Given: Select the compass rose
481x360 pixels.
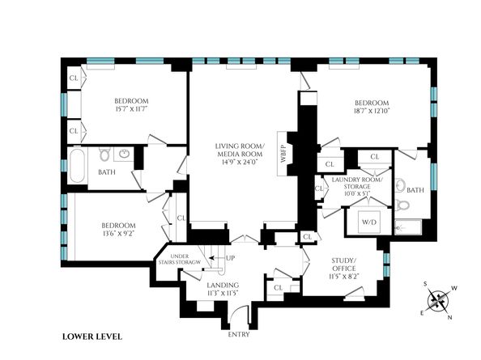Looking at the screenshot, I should coord(439,302).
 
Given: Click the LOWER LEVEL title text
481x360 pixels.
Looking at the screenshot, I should coord(92,336).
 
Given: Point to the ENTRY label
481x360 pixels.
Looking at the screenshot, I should coord(240,334).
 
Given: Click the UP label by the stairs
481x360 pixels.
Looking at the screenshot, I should coord(231,258).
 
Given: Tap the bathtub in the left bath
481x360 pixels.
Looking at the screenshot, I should coord(78,166).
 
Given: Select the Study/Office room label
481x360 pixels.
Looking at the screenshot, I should coord(343,265).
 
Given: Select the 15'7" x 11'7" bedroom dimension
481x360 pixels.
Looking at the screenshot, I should coord(129,108).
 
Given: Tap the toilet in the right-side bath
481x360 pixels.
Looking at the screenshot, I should coord(402,203).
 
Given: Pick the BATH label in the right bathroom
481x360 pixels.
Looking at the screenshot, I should coord(415,190).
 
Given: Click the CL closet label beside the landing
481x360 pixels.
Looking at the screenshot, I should coord(278,287).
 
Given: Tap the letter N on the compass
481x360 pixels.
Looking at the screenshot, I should coord(449,317).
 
